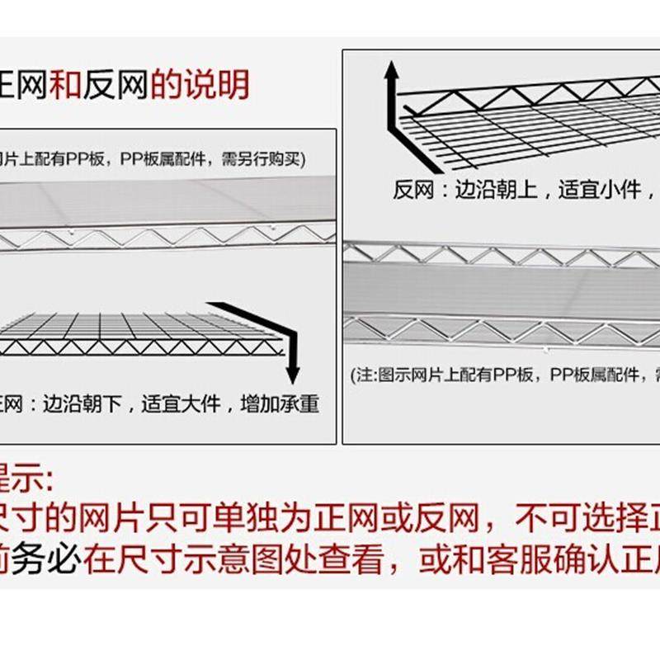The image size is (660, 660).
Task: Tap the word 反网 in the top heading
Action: click(x=115, y=84)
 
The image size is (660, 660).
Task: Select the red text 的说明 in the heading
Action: click(x=200, y=84)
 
